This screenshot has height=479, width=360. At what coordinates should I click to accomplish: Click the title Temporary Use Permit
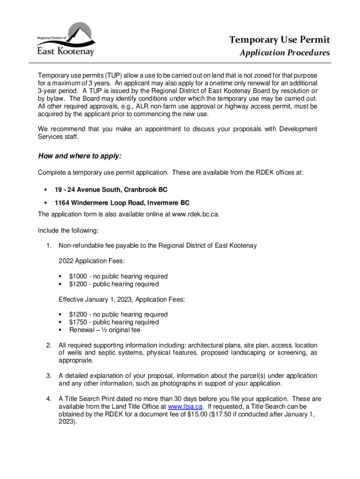click(x=279, y=39)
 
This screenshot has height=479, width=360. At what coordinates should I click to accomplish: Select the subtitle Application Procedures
click(x=285, y=52)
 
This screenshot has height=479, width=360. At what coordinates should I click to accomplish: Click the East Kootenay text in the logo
click(x=66, y=50)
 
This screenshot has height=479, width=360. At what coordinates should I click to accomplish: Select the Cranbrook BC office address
click(x=111, y=190)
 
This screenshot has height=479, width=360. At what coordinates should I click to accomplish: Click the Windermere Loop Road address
click(x=122, y=203)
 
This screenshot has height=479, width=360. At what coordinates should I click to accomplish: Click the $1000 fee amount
click(x=78, y=276)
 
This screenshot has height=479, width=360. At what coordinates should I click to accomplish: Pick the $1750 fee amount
click(x=78, y=322)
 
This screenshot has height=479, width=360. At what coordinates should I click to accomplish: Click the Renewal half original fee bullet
click(x=105, y=330)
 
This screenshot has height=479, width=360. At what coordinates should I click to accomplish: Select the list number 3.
click(x=48, y=376)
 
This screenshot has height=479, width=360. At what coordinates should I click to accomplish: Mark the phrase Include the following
click(x=68, y=230)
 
